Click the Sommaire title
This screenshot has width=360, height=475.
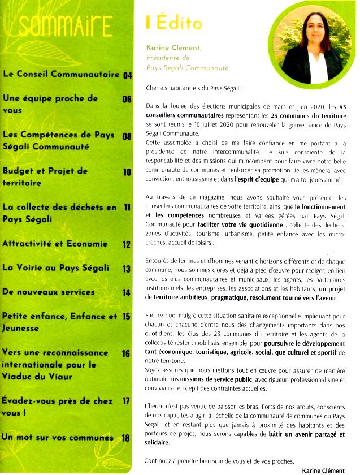[64, 26]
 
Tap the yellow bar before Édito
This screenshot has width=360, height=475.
[148, 23]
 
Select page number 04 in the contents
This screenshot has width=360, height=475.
[127, 76]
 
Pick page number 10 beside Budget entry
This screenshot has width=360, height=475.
[127, 171]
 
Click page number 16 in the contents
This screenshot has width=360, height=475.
[126, 353]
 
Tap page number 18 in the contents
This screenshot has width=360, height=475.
[125, 438]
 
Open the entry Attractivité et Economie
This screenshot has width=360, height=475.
[55, 244]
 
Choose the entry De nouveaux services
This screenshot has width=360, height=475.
[49, 292]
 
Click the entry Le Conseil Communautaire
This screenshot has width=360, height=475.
[61, 75]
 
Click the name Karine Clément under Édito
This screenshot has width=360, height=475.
[169, 49]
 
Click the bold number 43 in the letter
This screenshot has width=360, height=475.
[349, 107]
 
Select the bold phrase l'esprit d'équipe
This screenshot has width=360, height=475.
[266, 179]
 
